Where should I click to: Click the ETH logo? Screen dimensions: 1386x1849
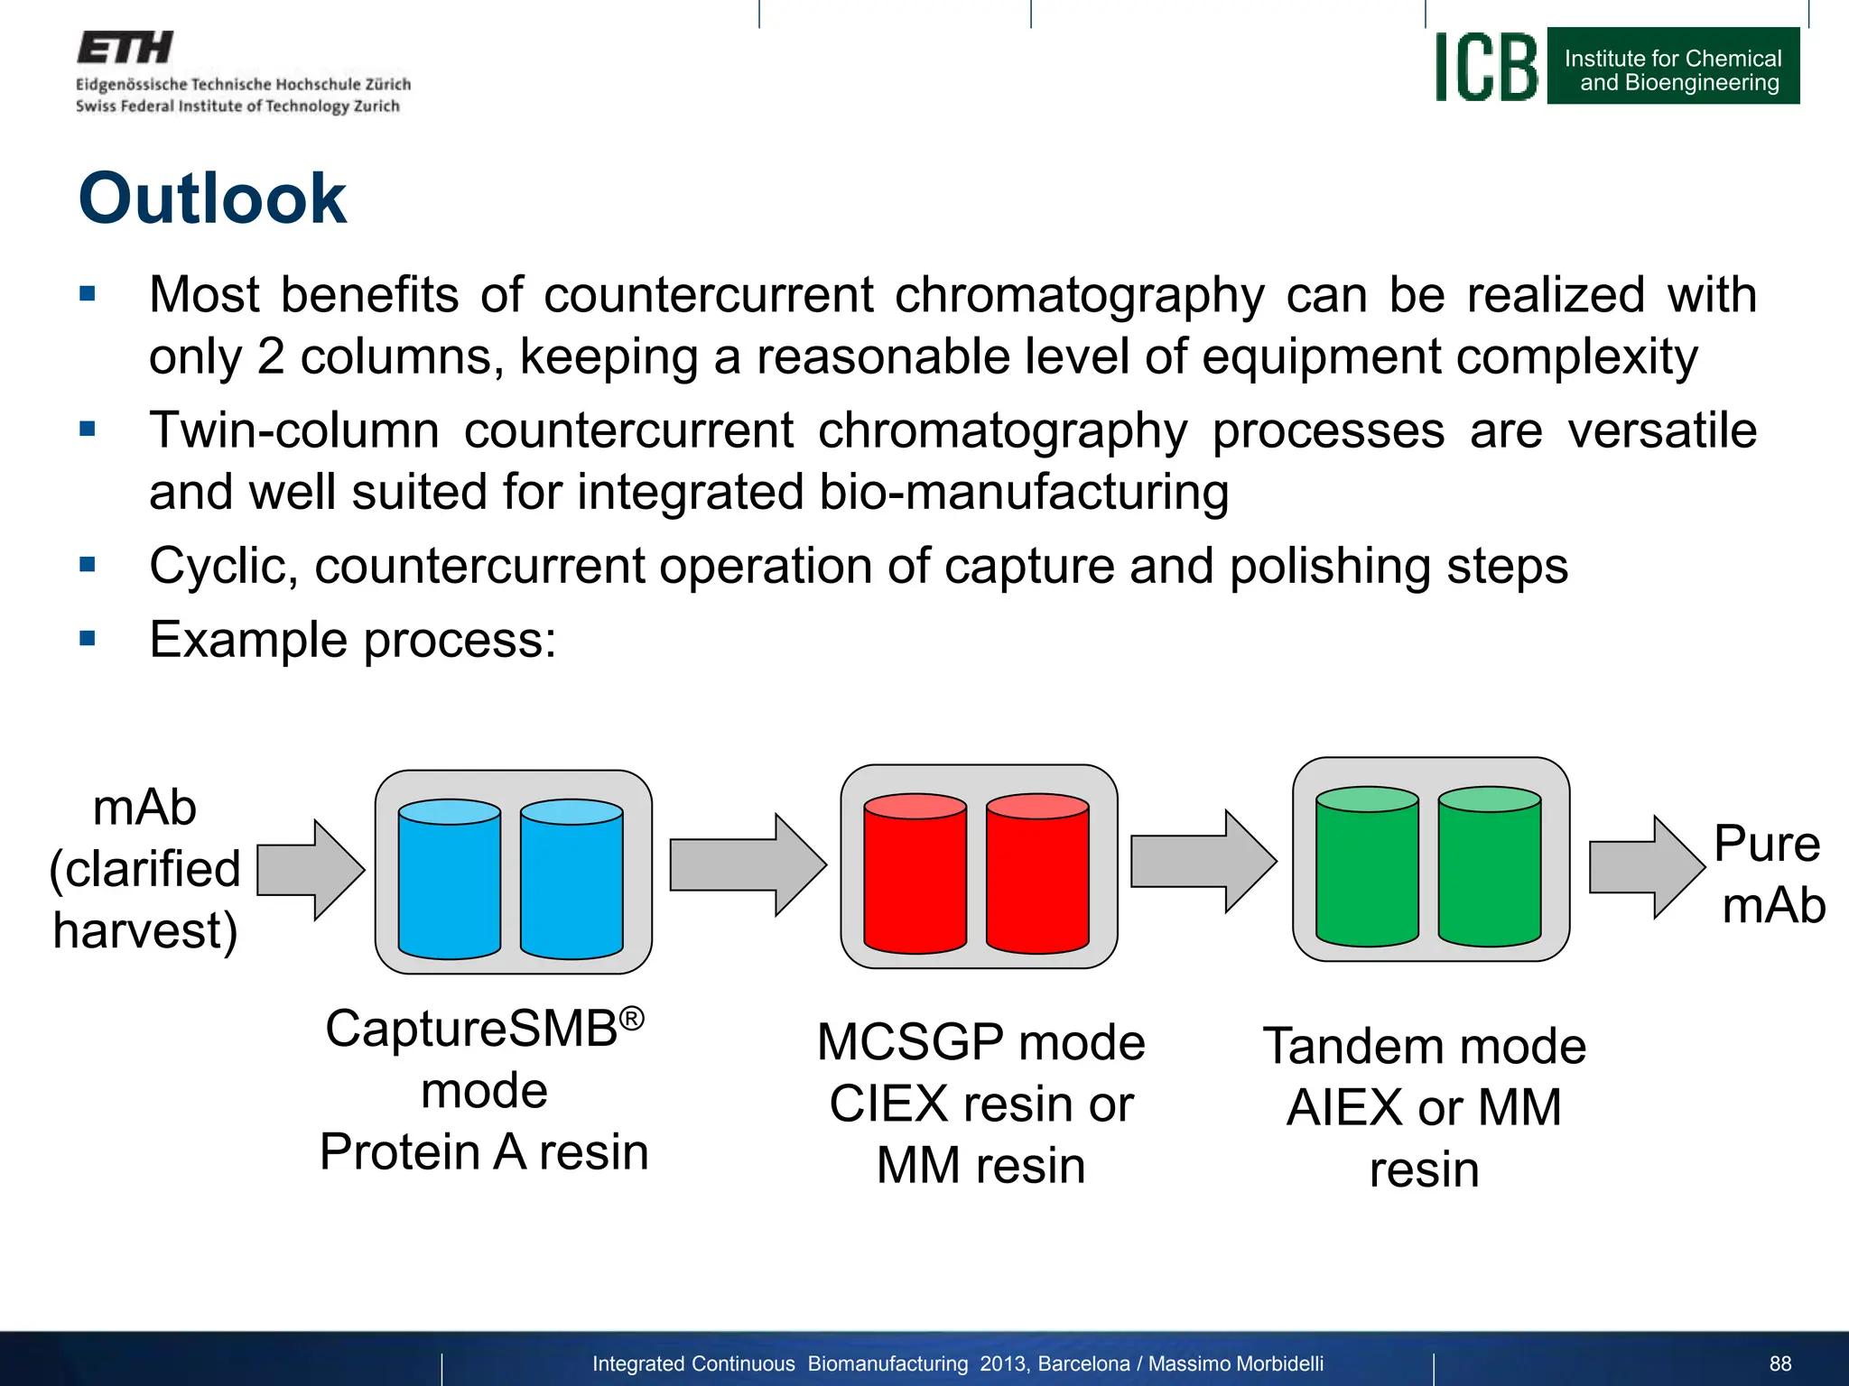(125, 48)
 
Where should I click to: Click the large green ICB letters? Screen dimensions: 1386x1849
(1486, 68)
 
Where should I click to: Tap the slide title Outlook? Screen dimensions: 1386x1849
(212, 199)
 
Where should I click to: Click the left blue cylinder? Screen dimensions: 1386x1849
(449, 879)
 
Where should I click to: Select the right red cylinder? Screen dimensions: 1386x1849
(1037, 873)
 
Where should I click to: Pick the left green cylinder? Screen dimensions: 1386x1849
(1367, 866)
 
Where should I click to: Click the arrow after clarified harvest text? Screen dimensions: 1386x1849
(310, 870)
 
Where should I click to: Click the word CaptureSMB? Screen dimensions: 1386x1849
(471, 1029)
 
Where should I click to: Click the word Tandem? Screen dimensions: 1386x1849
(1352, 1047)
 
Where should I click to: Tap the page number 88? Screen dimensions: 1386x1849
(1779, 1363)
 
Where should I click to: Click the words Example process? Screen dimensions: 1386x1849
(352, 640)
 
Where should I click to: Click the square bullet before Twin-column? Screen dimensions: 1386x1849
(88, 429)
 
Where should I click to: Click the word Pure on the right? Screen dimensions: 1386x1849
(1766, 844)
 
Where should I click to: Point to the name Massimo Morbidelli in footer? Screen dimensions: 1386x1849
(1235, 1363)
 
